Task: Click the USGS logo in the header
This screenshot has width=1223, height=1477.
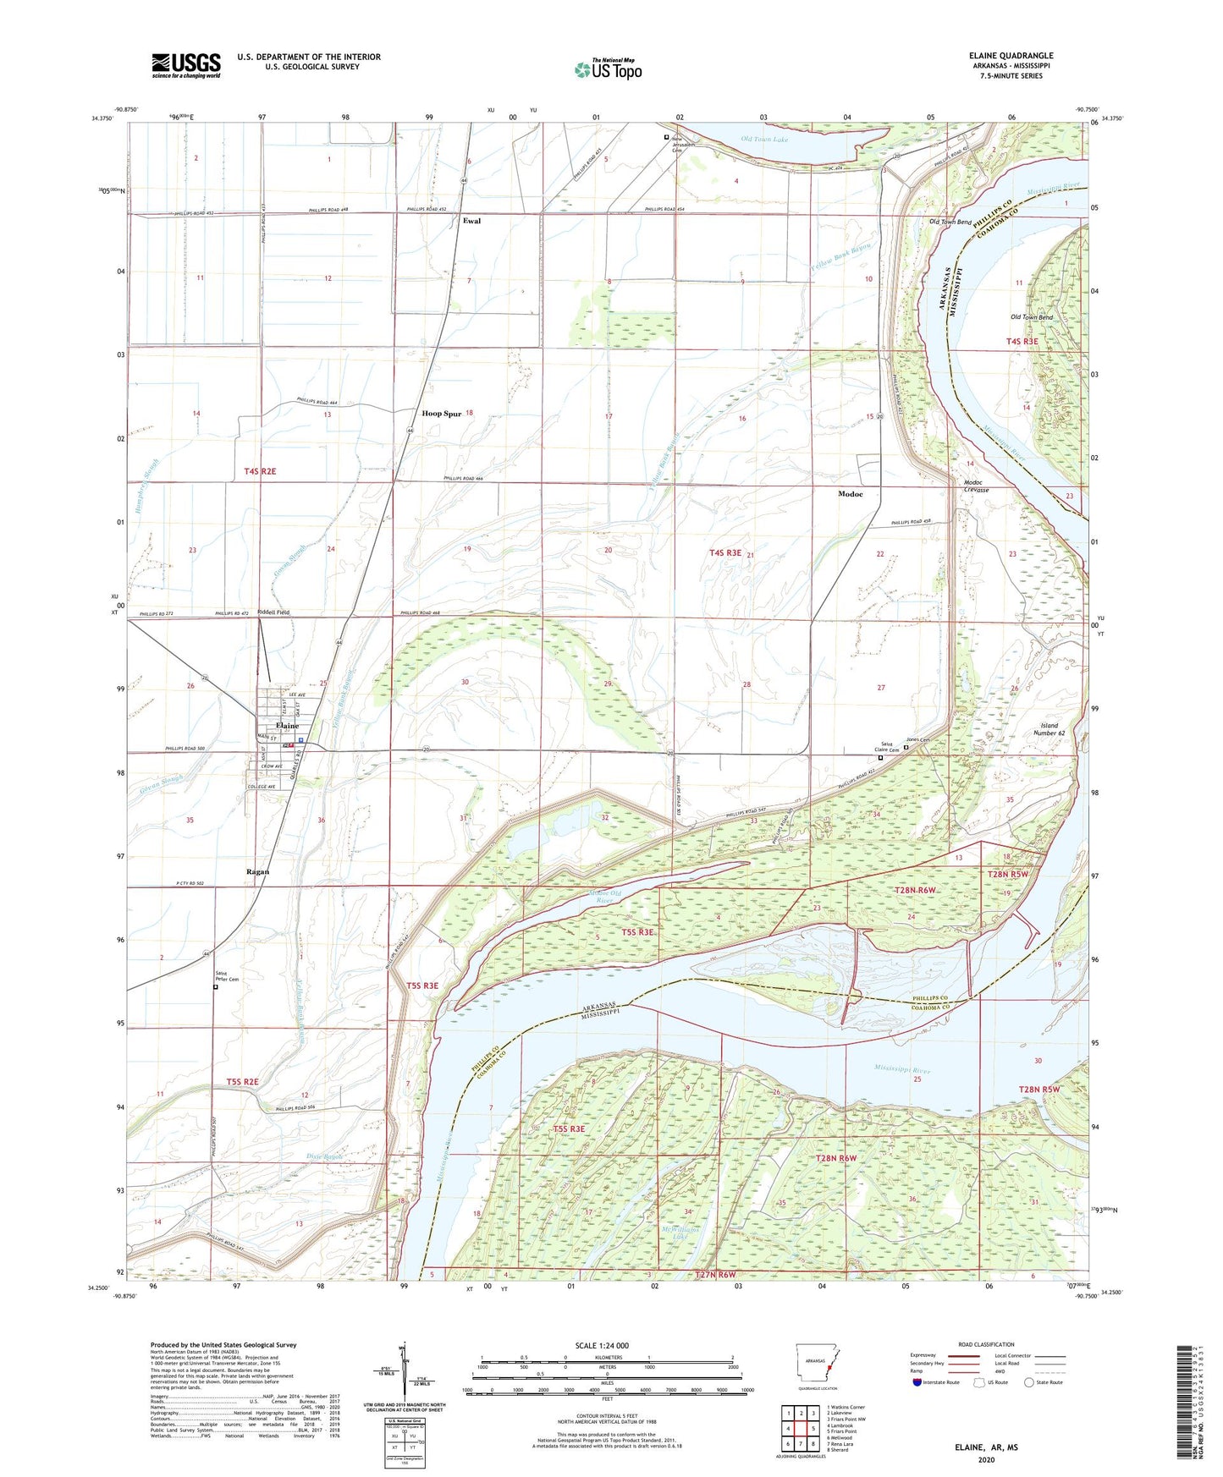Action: pos(185,65)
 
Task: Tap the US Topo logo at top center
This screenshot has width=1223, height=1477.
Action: pos(607,69)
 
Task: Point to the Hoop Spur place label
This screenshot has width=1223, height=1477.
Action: pos(442,414)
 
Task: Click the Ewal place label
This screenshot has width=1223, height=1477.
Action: pos(471,221)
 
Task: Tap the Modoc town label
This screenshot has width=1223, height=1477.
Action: pos(850,494)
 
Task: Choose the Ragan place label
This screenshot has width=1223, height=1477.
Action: pos(257,871)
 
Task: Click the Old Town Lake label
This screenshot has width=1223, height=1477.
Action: pos(764,140)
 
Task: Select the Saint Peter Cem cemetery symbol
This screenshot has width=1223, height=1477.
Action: pos(215,986)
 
